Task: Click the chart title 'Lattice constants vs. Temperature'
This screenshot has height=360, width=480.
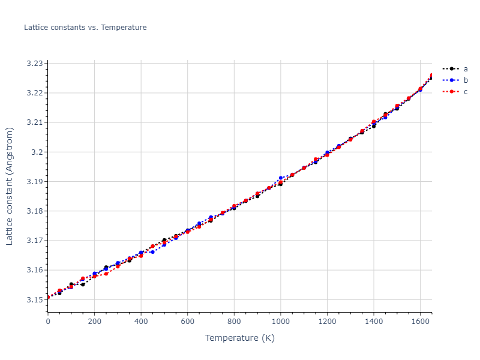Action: point(85,28)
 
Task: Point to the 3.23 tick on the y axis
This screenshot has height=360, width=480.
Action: point(35,63)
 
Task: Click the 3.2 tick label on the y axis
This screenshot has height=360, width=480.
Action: point(38,152)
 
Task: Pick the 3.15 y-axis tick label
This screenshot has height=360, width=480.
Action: point(35,299)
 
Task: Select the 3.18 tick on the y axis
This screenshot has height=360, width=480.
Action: point(35,211)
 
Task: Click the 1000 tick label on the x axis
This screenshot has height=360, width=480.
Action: point(281,321)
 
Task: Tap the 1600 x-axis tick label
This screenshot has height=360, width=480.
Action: point(421,321)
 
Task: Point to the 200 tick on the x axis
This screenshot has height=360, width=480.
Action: point(94,321)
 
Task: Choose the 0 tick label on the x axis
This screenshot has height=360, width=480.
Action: point(48,321)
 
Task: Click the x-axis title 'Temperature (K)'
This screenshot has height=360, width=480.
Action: point(239,338)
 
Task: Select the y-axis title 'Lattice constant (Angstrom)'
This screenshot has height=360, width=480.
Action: point(10,186)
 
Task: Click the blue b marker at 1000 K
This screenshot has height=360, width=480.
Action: point(281,178)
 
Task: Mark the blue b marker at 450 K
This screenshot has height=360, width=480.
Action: point(152,252)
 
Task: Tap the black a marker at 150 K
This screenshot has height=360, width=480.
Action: point(83,284)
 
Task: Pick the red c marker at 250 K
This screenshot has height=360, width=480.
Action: point(106,274)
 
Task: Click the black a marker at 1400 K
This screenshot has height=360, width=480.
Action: point(374,127)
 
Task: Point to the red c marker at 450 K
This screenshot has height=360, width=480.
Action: point(152,246)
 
